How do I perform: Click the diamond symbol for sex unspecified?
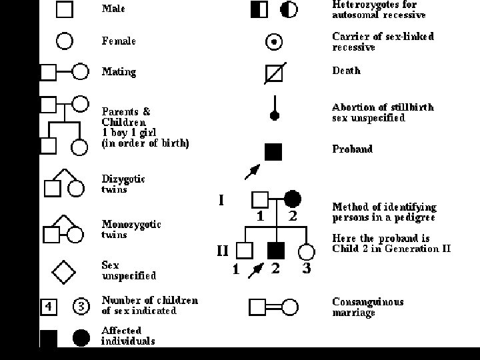click(63, 271)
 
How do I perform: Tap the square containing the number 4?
click(49, 307)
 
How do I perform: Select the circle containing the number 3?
click(80, 307)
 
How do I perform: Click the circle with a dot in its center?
click(274, 41)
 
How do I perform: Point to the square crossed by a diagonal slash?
click(274, 71)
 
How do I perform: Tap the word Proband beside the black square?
click(352, 149)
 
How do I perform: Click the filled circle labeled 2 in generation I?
click(292, 199)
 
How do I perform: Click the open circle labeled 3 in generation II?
click(306, 251)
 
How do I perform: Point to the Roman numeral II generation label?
click(223, 251)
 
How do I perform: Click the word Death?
click(346, 71)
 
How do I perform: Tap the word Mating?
click(119, 71)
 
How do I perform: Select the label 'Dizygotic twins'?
click(123, 184)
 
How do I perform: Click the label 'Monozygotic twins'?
click(131, 229)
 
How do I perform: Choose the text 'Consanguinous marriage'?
click(367, 307)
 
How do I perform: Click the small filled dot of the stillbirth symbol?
click(274, 116)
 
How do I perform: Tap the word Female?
click(119, 41)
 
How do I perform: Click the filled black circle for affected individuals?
click(81, 339)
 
